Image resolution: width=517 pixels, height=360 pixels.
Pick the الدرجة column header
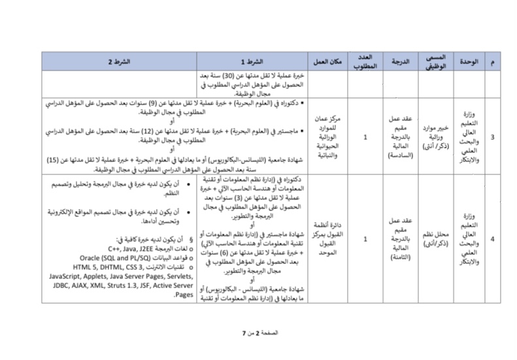point(400,61)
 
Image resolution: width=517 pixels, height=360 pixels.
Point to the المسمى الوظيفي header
point(435,61)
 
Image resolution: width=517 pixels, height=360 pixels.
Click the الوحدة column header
point(469,61)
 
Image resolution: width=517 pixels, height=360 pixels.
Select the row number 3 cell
point(492,137)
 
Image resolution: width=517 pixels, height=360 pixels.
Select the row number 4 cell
point(492,239)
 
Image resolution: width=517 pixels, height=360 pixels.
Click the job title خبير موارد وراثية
point(435,137)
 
